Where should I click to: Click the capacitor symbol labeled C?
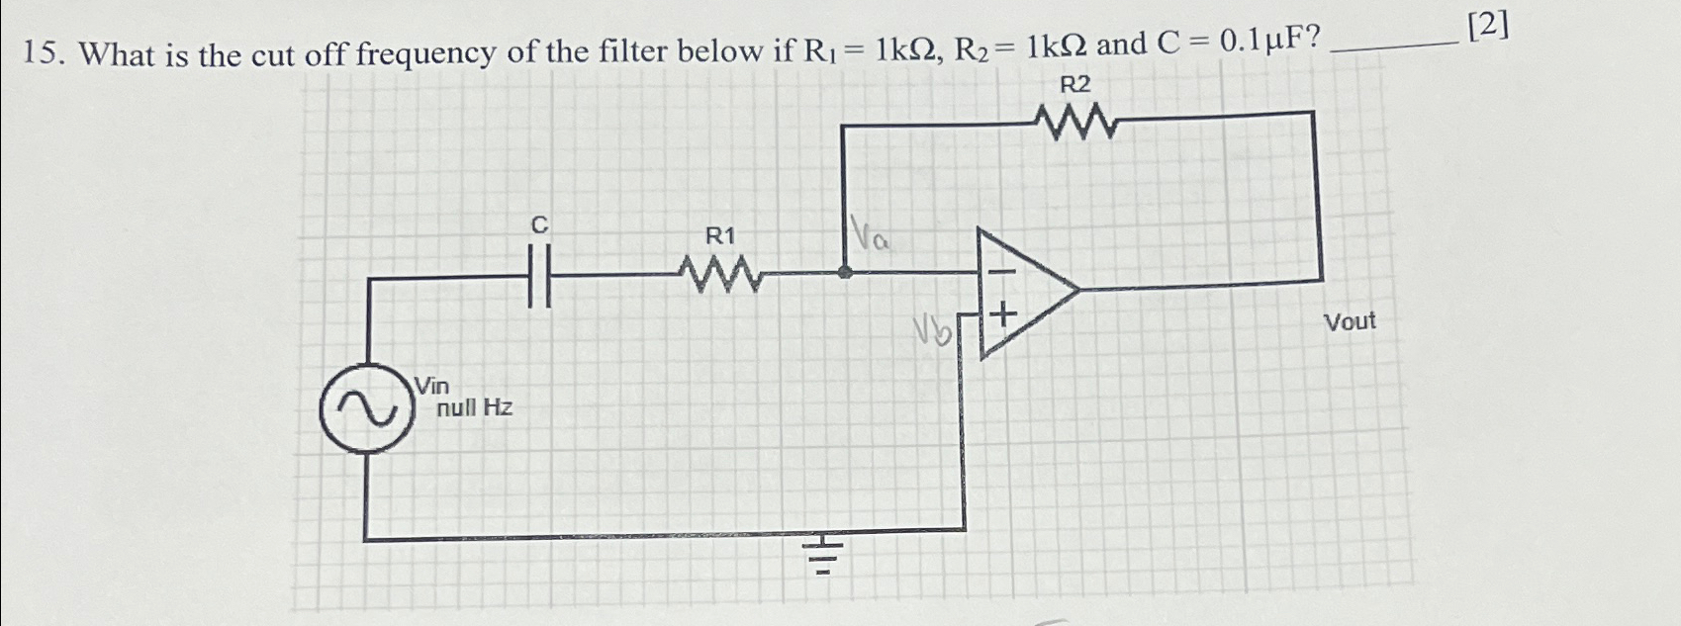[x=539, y=278]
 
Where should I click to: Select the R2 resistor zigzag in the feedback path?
[x=1075, y=125]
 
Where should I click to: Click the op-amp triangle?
[x=1025, y=292]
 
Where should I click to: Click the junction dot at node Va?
[x=844, y=272]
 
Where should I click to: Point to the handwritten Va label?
[x=871, y=236]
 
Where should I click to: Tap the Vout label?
[x=1350, y=322]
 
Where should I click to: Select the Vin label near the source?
[x=431, y=385]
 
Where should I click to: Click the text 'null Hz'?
[x=475, y=407]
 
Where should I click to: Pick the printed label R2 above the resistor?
[x=1074, y=85]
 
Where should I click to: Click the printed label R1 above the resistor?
[x=720, y=236]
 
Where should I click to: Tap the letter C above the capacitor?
[x=539, y=225]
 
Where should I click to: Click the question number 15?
[x=44, y=55]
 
